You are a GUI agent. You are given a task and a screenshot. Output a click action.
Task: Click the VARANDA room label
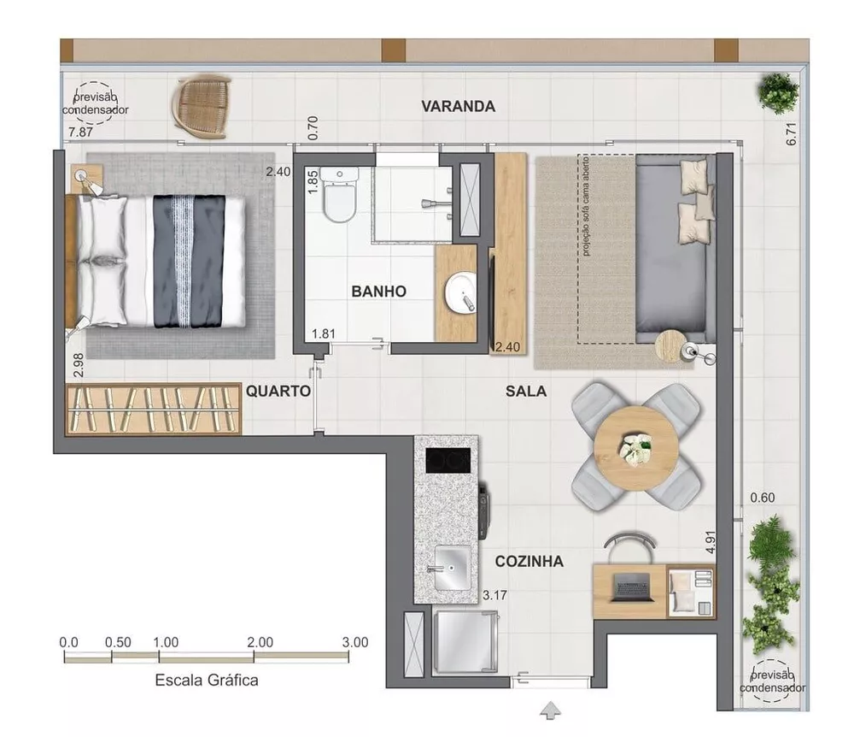(458, 107)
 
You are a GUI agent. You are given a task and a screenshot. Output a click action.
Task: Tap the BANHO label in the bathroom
(378, 292)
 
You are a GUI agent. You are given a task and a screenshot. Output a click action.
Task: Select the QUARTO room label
(278, 391)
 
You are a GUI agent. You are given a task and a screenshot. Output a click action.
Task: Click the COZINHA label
(529, 562)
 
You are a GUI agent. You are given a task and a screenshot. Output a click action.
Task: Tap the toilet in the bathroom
(340, 198)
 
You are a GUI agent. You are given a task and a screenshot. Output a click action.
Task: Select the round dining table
(635, 446)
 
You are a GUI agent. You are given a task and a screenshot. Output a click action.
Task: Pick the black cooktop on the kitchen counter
(448, 460)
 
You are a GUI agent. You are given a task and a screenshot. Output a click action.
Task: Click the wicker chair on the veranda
(202, 106)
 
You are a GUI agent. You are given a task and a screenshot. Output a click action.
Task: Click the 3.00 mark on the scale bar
(354, 642)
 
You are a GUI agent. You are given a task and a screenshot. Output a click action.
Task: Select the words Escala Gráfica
(206, 681)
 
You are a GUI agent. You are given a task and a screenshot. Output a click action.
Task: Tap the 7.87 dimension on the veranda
(79, 132)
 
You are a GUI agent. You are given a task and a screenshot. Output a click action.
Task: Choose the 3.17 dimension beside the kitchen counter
(495, 595)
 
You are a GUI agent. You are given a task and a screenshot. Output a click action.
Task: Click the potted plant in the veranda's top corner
(777, 91)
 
